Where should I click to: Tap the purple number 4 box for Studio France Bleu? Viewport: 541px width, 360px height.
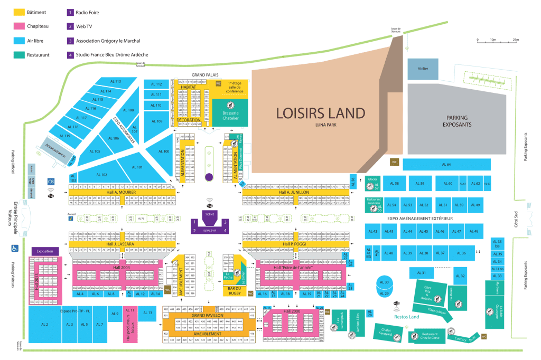tap(70, 54)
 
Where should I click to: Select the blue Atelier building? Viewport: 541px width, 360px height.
tap(423, 69)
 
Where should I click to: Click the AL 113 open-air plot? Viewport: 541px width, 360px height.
tap(115, 82)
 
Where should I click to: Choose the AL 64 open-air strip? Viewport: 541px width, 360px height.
tap(447, 165)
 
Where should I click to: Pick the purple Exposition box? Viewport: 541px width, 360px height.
tap(45, 251)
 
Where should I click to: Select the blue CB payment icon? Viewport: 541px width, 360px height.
tap(51, 181)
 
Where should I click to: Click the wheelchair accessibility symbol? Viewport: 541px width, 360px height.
tap(14, 247)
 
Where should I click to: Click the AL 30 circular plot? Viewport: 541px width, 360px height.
tap(385, 282)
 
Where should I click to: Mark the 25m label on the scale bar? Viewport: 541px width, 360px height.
tap(516, 40)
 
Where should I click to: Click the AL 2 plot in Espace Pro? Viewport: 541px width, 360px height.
tap(45, 324)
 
